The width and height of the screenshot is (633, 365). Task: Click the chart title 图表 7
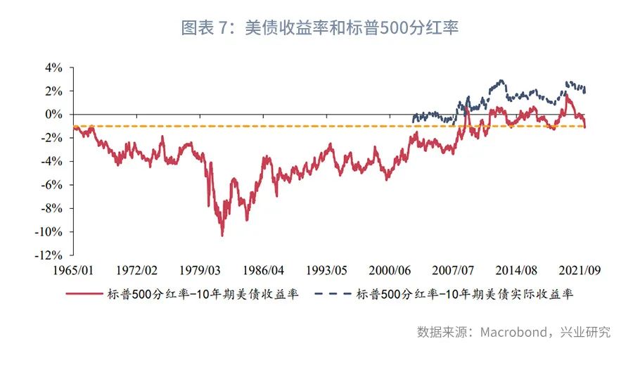(x=320, y=28)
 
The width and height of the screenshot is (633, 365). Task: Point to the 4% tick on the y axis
(x=54, y=68)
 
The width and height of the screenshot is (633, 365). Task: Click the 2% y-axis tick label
(x=54, y=91)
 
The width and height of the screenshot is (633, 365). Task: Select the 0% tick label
(x=54, y=115)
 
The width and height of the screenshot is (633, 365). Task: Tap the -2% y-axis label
(x=53, y=138)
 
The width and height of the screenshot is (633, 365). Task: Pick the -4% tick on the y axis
(x=53, y=162)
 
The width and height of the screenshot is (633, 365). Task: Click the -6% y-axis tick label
(x=53, y=185)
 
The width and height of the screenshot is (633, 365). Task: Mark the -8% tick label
(x=53, y=209)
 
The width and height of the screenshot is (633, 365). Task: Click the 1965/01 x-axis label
(x=75, y=270)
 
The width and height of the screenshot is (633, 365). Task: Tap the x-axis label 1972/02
(x=138, y=270)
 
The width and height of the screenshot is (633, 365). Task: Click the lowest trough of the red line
(x=222, y=236)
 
